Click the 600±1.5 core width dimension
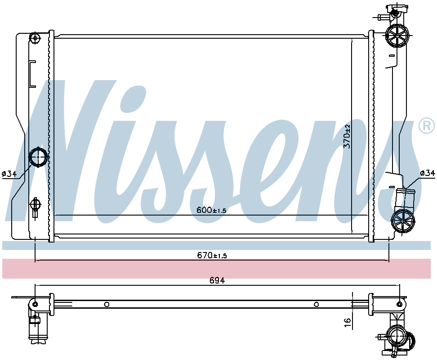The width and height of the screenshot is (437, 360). (211, 210)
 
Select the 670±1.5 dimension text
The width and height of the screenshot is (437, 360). (212, 255)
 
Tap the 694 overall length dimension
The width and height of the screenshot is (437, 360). (217, 280)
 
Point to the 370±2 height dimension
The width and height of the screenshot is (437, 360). (347, 136)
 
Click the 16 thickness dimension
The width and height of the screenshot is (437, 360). (347, 322)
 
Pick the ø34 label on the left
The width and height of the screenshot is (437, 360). (9, 174)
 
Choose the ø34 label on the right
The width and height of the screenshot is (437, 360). (428, 173)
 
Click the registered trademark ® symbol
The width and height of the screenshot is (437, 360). (426, 126)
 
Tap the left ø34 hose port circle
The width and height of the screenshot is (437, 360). (38, 157)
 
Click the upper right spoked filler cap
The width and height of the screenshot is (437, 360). (397, 36)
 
